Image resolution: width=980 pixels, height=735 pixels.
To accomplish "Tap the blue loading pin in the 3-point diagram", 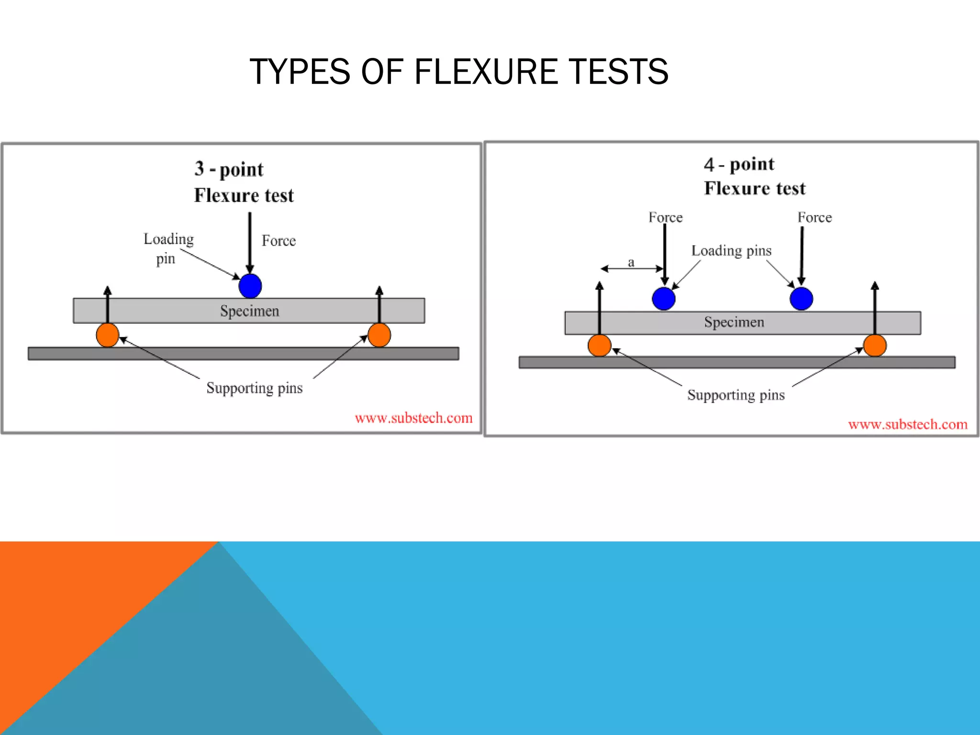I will tap(250, 286).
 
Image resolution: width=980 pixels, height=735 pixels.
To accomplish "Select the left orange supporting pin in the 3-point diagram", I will tap(107, 335).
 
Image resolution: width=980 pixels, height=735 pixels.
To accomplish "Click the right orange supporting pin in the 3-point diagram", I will tap(379, 335).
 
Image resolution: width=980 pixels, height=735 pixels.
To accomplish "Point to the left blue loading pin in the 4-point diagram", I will tap(664, 299).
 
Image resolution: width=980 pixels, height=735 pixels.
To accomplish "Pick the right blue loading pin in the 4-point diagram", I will tap(802, 299).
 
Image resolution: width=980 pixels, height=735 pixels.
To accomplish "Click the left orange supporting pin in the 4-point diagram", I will tap(599, 345).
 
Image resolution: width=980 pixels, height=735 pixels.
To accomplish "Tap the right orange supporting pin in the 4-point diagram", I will tap(875, 345).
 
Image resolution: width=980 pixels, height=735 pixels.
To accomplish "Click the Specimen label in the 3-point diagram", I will tap(249, 311).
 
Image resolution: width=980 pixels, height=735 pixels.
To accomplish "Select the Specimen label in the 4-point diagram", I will tap(734, 322).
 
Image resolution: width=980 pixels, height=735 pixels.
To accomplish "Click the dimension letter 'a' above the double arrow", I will tap(631, 262).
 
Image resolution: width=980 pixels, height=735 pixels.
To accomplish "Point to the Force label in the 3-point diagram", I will tap(278, 241).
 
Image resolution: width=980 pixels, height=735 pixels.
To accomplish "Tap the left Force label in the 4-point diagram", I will tap(665, 217).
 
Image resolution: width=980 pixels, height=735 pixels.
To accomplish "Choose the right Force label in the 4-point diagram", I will tap(814, 217).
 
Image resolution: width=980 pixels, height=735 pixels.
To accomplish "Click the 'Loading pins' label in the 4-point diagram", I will tap(731, 251).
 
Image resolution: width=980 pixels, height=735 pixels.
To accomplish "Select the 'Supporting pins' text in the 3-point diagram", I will tap(254, 388).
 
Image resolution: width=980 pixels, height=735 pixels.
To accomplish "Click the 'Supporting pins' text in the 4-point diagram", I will tap(735, 395).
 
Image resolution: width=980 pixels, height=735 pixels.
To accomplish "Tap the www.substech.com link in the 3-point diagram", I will tap(413, 418).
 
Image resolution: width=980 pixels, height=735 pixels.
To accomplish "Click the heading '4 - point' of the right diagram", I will tap(739, 164).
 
